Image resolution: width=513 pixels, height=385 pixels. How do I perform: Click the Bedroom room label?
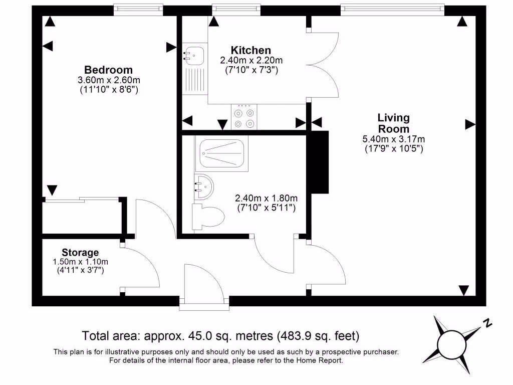108,70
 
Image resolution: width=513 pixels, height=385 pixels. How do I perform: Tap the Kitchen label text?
251,50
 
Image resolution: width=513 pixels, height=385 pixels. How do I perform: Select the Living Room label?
394,123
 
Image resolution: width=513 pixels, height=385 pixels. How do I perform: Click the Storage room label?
80,253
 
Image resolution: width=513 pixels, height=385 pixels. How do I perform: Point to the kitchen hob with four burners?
244,117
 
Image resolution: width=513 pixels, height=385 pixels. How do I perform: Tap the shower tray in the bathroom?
222,153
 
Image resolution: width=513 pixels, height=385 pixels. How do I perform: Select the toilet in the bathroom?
208,217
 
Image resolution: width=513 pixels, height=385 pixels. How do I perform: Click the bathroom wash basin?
203,186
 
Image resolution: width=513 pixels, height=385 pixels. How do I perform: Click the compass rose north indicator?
451,344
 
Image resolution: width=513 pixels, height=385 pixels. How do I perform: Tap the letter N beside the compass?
487,323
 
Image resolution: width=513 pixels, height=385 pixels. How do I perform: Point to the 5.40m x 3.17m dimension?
394,139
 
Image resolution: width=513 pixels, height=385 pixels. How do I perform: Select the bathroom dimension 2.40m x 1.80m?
267,198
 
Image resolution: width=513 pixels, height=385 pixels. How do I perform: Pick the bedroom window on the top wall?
138,10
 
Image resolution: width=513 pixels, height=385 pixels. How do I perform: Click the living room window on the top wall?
393,10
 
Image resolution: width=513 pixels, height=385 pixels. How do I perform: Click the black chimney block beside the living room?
319,162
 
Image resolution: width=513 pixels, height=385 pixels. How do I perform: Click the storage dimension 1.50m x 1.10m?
80,262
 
